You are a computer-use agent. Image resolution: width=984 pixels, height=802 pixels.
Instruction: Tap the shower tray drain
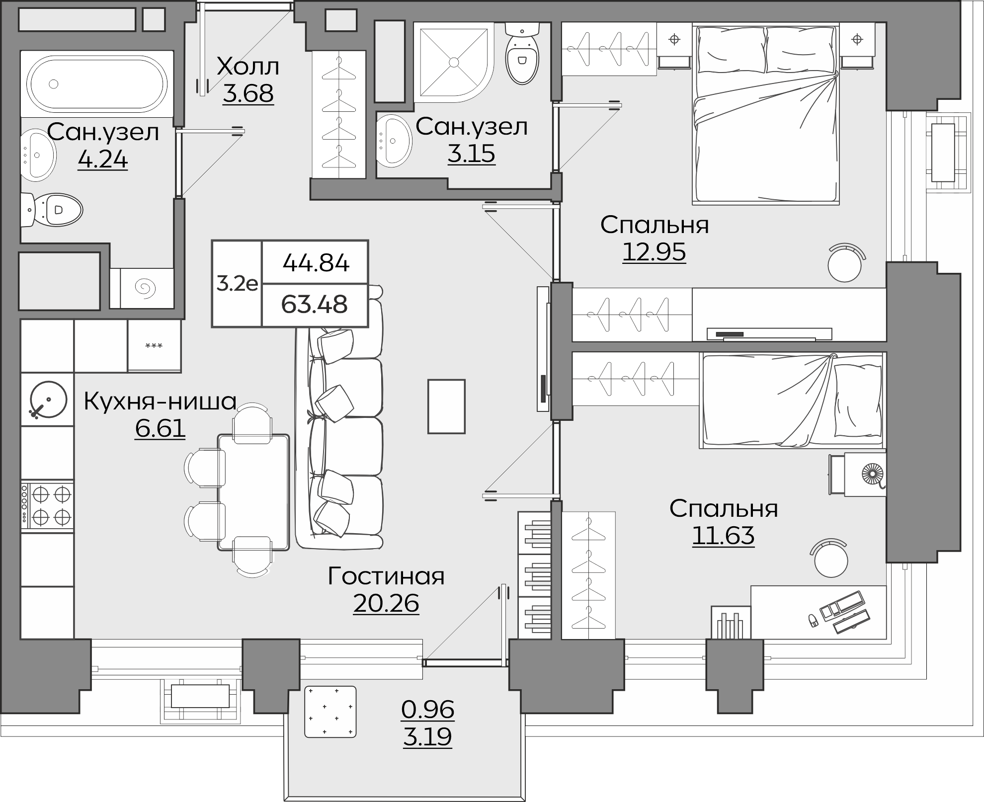click(x=453, y=62)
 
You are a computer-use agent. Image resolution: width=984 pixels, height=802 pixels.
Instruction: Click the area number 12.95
click(x=654, y=252)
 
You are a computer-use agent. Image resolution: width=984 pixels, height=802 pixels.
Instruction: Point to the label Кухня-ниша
click(x=160, y=401)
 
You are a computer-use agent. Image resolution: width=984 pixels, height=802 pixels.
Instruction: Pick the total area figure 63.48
click(x=314, y=304)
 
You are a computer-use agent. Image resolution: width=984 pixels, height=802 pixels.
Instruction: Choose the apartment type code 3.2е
click(x=237, y=284)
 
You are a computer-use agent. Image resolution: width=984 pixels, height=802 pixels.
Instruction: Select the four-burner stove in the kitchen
click(x=47, y=506)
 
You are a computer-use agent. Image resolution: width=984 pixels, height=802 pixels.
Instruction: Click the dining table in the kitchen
click(x=253, y=492)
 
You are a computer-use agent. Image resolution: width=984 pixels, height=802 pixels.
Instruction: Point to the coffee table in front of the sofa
click(x=447, y=406)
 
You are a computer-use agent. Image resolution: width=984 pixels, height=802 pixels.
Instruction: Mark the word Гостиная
click(x=386, y=576)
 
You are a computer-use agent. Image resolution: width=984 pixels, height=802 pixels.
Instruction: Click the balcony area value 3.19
click(x=427, y=736)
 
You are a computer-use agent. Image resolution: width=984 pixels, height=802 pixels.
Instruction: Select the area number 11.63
click(x=723, y=536)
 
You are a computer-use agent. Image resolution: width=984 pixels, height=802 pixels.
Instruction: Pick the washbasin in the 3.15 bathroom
click(x=394, y=140)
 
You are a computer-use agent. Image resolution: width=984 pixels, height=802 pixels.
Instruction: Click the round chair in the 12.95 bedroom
click(x=845, y=263)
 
